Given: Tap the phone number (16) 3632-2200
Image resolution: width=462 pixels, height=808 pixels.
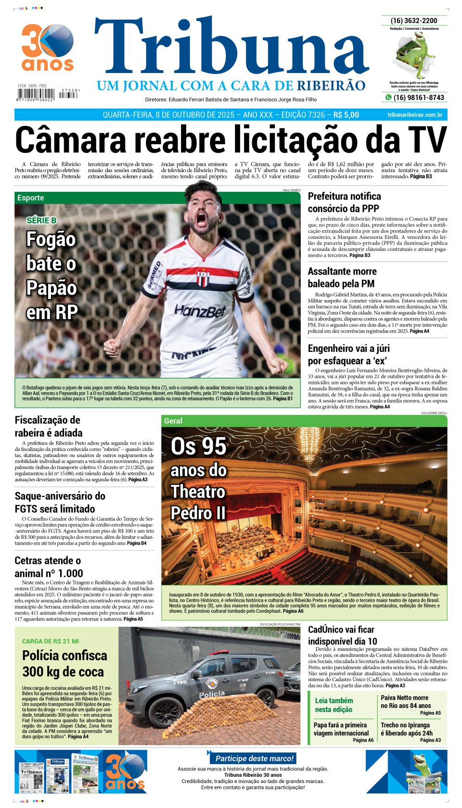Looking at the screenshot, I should pos(414,21).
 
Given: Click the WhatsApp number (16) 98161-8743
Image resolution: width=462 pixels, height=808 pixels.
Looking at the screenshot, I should pos(418,98).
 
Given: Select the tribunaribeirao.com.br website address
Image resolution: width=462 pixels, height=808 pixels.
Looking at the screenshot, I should pos(415,115).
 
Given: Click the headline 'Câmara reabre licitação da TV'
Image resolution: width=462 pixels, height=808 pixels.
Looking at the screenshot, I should pos(231,139).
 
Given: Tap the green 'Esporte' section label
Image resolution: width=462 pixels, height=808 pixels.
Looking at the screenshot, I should pos(31,198).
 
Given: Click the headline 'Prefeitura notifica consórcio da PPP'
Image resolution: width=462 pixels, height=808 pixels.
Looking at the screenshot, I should pos(344,202).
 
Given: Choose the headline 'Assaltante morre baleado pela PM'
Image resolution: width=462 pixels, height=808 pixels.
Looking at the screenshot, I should pos(341,277).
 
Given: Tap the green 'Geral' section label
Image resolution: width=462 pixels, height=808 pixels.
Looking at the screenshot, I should pos(173,421).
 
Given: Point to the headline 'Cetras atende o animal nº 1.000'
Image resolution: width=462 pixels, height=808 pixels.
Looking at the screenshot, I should pos(49,567).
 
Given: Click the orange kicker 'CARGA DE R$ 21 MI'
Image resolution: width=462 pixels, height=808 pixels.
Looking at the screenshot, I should pos(51,641).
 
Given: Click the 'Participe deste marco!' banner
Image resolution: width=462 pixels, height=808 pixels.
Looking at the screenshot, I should pos(254,758).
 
